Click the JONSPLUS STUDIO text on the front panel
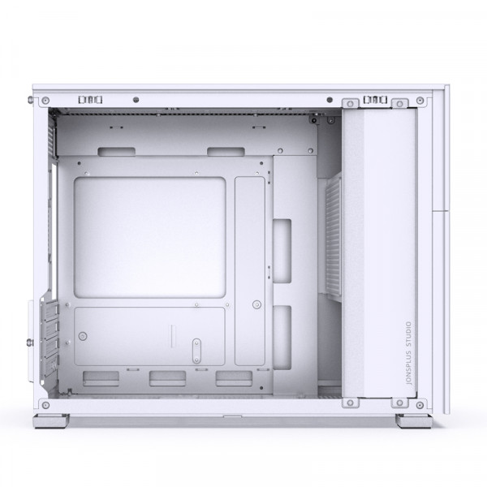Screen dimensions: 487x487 click(409, 353)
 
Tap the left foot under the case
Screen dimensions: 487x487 click(52, 420)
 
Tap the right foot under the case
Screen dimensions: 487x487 click(414, 420)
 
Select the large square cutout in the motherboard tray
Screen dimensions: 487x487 click(149, 238)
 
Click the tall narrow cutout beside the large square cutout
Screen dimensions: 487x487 click(250, 271)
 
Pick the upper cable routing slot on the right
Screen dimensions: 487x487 click(282, 251)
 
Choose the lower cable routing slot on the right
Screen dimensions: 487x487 click(282, 338)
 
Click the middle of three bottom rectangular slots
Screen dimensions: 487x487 click(168, 378)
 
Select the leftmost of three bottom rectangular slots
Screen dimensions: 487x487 click(101, 378)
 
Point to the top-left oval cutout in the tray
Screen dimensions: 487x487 click(116, 152)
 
